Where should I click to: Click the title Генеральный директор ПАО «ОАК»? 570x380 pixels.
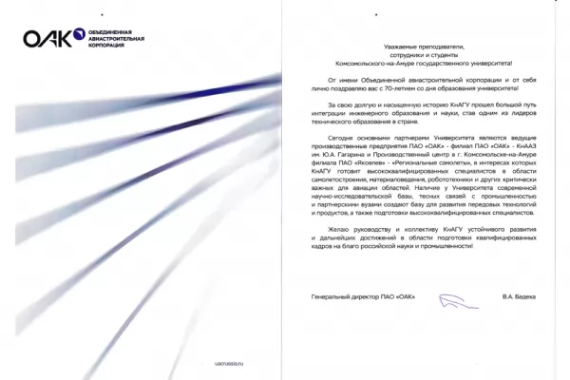[x=357, y=297]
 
